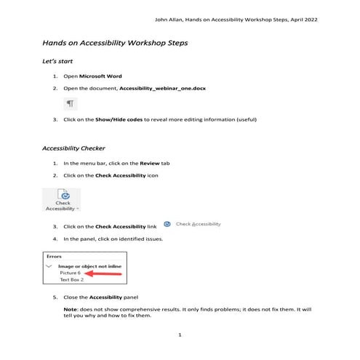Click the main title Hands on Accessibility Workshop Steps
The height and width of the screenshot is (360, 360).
115,43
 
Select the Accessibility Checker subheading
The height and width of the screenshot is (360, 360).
74,148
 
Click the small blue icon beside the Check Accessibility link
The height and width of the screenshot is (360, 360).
167,225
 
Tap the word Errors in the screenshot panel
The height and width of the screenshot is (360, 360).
55,257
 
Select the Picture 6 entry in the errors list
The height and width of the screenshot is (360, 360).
70,273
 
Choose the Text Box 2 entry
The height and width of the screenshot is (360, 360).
71,279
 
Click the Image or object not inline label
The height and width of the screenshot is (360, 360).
91,266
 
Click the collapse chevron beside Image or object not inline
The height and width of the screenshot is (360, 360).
49,266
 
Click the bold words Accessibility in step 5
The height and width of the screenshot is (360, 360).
110,297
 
